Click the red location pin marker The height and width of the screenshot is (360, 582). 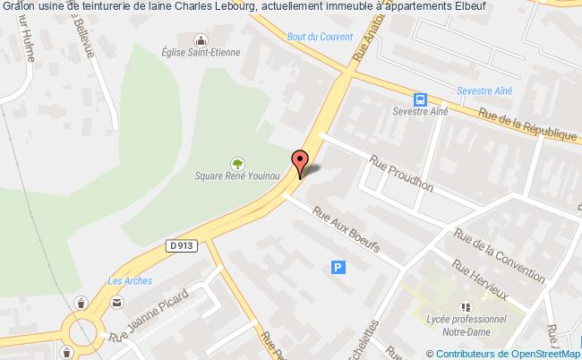click(x=302, y=159)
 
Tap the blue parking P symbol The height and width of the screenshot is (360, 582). click(x=338, y=266)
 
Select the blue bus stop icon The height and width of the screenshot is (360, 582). click(x=419, y=99)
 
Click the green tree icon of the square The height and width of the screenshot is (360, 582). click(x=237, y=163)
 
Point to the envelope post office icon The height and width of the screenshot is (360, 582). click(x=118, y=303)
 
